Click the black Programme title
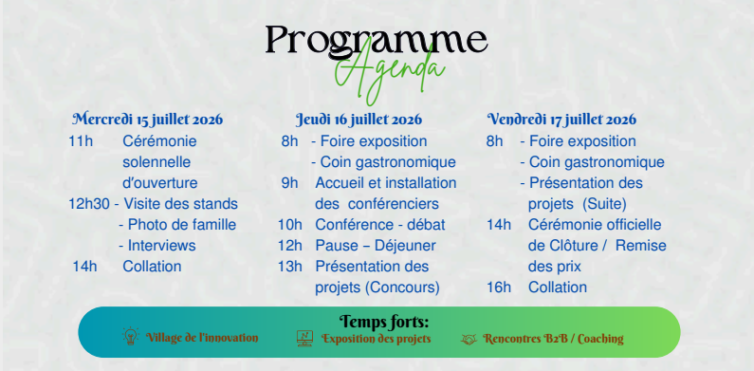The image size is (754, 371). pyautogui.click(x=377, y=42)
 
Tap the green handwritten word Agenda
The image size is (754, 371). pyautogui.click(x=390, y=72)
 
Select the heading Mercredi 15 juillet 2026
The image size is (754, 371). pyautogui.click(x=148, y=119)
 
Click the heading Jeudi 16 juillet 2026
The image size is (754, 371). pyautogui.click(x=359, y=119)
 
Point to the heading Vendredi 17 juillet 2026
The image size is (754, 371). pyautogui.click(x=561, y=119)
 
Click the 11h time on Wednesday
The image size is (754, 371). pyautogui.click(x=81, y=141)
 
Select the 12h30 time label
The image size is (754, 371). pyautogui.click(x=89, y=204)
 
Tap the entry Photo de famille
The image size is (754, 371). pyautogui.click(x=182, y=225)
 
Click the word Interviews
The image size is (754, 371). pyautogui.click(x=161, y=246)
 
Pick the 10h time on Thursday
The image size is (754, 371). pyautogui.click(x=290, y=225)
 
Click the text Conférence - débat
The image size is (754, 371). pyautogui.click(x=380, y=225)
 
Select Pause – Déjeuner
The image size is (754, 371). pyautogui.click(x=376, y=246)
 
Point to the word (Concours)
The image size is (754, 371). pyautogui.click(x=402, y=288)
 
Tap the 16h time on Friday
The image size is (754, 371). pyautogui.click(x=499, y=288)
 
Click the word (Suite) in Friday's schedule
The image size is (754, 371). pyautogui.click(x=604, y=205)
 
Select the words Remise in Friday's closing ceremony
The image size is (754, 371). pyautogui.click(x=641, y=246)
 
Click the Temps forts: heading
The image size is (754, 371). pyautogui.click(x=384, y=321)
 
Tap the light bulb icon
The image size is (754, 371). pyautogui.click(x=130, y=336)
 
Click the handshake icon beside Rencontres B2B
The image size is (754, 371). pyautogui.click(x=469, y=340)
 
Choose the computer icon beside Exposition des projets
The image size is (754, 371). pyautogui.click(x=304, y=339)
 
